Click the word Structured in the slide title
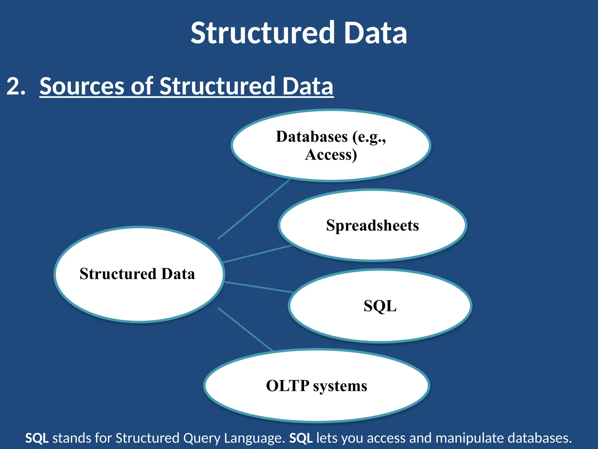click(263, 33)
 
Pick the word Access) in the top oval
click(331, 155)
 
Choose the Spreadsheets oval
click(372, 225)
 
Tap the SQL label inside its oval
click(380, 306)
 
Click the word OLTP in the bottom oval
click(287, 386)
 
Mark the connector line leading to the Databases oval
click(254, 209)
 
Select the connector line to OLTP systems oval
click(245, 329)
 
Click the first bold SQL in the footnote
click(37, 438)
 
